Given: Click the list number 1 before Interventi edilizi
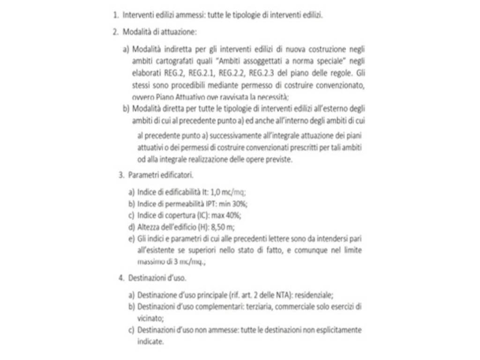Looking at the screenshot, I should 115,15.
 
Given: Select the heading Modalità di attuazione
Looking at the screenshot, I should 159,32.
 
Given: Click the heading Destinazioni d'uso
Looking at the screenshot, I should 157,278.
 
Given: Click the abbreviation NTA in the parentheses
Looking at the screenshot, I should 282,295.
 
